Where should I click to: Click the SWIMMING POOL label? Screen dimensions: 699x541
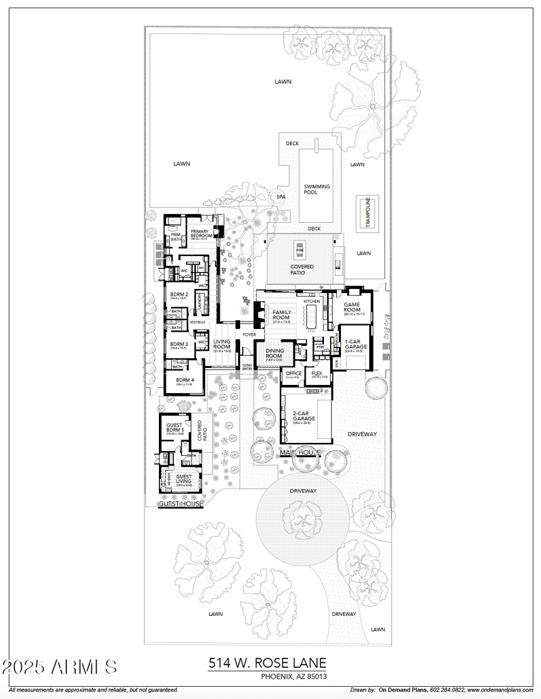point(316,190)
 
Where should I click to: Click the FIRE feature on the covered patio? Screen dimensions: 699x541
point(300,250)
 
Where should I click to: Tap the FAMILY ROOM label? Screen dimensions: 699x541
point(281,315)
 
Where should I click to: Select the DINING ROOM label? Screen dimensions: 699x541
point(274,353)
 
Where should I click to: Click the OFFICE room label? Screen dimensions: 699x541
point(293,373)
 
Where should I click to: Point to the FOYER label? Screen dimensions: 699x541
point(250,334)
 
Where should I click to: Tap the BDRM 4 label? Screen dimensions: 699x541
point(185,380)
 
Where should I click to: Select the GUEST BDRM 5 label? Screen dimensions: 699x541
point(175,428)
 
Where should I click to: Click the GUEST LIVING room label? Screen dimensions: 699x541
point(184,479)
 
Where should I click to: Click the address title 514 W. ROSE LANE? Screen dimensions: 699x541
point(266,663)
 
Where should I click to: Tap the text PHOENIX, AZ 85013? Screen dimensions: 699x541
point(294,676)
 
